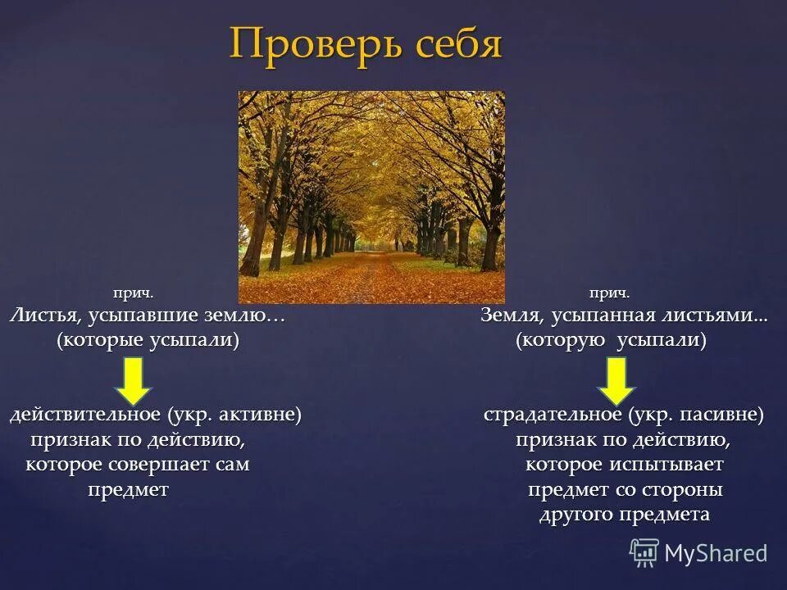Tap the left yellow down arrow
136,380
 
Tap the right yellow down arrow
616,380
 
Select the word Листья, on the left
42,315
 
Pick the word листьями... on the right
721,315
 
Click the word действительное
84,415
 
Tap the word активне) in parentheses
262,415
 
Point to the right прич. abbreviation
609,293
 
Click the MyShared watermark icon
644,553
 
